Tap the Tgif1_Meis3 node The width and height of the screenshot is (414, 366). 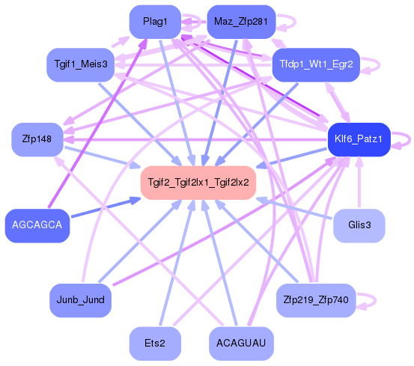click(x=80, y=64)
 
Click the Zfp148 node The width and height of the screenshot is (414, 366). click(x=35, y=139)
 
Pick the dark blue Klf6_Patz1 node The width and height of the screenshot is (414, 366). click(x=359, y=139)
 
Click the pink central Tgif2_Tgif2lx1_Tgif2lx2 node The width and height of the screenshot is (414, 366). click(x=198, y=183)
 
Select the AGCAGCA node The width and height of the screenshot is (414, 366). click(x=37, y=225)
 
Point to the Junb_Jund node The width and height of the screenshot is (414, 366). click(x=80, y=300)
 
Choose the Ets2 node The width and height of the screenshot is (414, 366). click(x=155, y=344)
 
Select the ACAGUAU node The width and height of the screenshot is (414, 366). click(x=240, y=344)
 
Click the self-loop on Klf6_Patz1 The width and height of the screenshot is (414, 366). click(x=405, y=138)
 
